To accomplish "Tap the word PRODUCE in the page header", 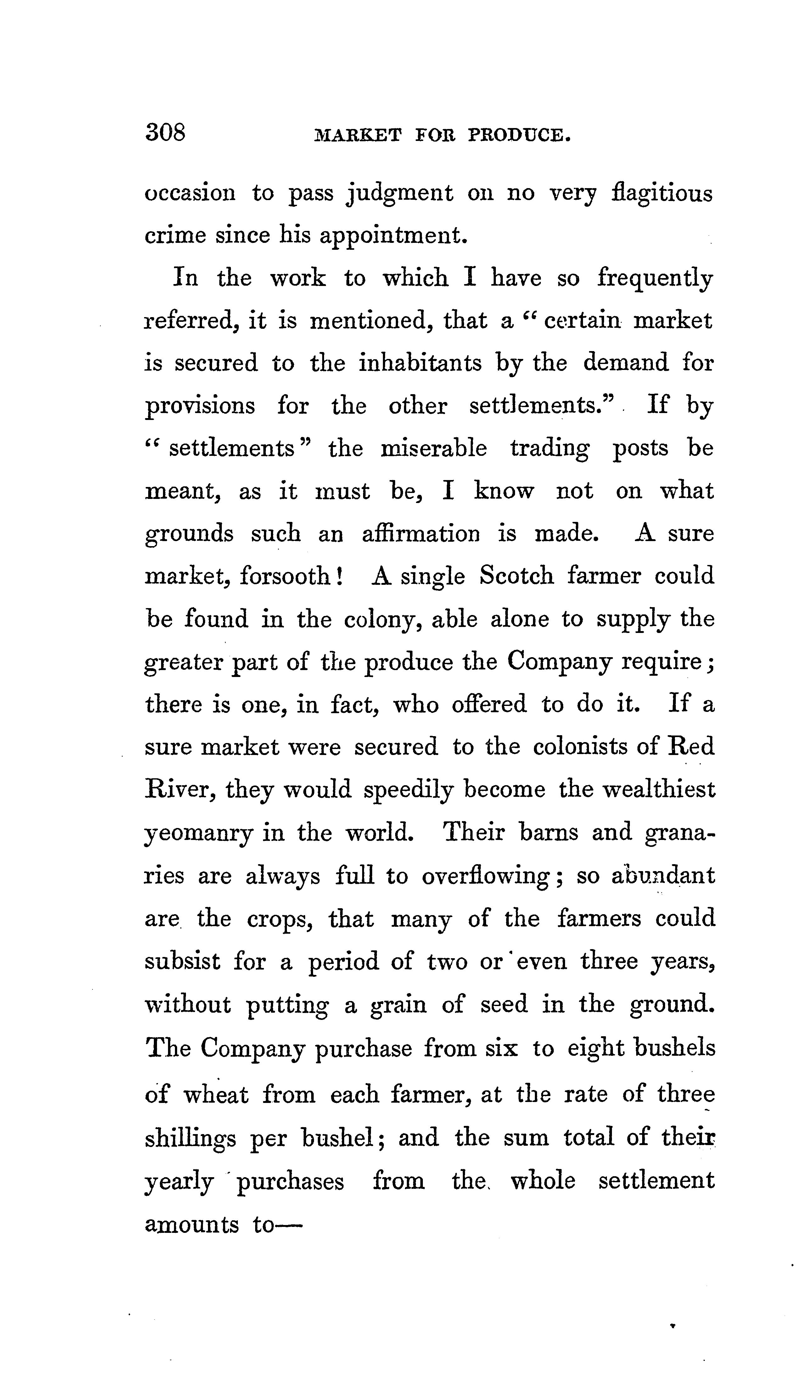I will (519, 135).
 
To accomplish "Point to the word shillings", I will (190, 1137).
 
